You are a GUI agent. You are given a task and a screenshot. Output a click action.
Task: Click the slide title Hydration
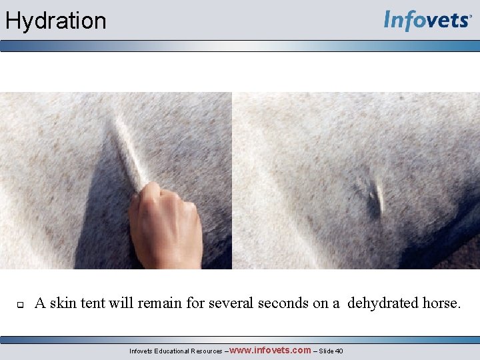coord(55,21)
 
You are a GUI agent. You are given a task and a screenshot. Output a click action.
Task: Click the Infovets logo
coord(427,21)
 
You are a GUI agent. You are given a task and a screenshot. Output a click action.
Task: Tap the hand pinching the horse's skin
coord(165,227)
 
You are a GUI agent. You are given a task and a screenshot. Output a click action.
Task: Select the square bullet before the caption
coord(20,305)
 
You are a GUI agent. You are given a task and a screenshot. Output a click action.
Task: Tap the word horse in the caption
coord(439,303)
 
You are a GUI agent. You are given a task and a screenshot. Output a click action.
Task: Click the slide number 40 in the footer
coord(339,351)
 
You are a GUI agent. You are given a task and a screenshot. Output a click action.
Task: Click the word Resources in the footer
coord(206,351)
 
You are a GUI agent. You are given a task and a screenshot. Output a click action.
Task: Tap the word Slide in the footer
coord(325,351)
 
